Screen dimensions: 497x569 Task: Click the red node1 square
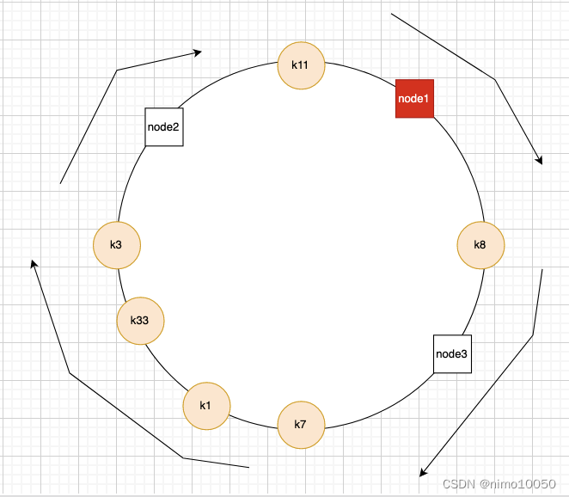point(414,99)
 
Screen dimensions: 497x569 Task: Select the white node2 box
point(164,127)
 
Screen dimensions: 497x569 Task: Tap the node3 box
point(452,353)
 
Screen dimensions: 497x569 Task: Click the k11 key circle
point(301,64)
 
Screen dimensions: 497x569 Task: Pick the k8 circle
point(480,245)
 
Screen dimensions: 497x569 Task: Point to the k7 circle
point(301,425)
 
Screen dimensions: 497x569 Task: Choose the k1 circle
point(206,405)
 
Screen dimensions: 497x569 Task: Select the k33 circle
point(140,321)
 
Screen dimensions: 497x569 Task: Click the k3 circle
point(116,244)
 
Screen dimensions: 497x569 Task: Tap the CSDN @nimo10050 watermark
point(501,484)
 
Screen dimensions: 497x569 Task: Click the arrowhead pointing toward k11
point(197,52)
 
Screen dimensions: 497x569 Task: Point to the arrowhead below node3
point(422,473)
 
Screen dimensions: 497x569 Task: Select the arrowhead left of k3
point(34,263)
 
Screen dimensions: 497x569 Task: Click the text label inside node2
point(164,127)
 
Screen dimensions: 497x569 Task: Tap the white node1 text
point(414,99)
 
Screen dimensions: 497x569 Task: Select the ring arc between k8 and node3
point(474,301)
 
